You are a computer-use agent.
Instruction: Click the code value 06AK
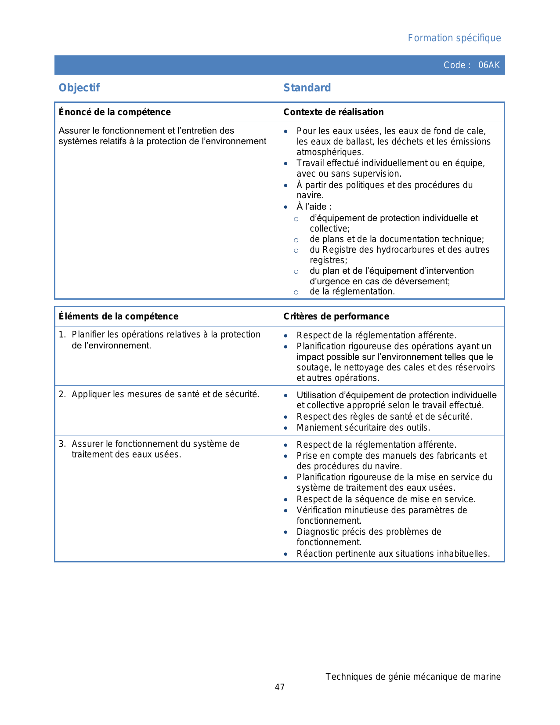pyautogui.click(x=489, y=65)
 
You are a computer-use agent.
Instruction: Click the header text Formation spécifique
pyautogui.click(x=454, y=38)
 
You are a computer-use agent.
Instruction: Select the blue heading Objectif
pyautogui.click(x=79, y=88)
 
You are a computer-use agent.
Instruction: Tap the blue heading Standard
pyautogui.click(x=307, y=88)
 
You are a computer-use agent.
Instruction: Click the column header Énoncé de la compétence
pyautogui.click(x=115, y=112)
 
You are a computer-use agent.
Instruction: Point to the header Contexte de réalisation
pyautogui.click(x=333, y=112)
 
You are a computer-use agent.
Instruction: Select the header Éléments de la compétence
pyautogui.click(x=119, y=316)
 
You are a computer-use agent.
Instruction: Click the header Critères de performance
pyautogui.click(x=336, y=316)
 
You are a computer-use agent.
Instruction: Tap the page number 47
pyautogui.click(x=280, y=687)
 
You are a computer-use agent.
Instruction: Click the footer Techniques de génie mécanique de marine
pyautogui.click(x=413, y=677)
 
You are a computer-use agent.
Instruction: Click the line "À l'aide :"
pyautogui.click(x=314, y=207)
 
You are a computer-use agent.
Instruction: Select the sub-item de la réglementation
pyautogui.click(x=352, y=291)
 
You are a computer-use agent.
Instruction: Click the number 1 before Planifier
pyautogui.click(x=61, y=335)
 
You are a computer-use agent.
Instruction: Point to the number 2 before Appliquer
pyautogui.click(x=61, y=394)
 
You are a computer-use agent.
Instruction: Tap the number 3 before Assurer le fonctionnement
pyautogui.click(x=61, y=444)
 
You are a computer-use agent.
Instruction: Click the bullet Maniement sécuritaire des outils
pyautogui.click(x=363, y=428)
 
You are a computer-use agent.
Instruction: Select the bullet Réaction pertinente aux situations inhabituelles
pyautogui.click(x=393, y=554)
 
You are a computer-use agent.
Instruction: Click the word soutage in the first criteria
pyautogui.click(x=313, y=367)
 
